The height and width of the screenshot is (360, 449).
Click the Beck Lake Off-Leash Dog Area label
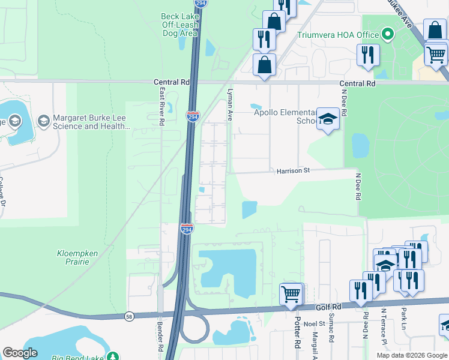click(179, 25)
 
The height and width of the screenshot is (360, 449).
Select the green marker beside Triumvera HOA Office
click(388, 34)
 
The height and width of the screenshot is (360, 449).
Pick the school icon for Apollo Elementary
click(328, 120)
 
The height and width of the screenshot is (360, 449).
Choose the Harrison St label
click(292, 171)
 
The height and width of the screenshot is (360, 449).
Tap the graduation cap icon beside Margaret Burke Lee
click(43, 121)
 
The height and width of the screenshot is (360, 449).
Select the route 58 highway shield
click(129, 316)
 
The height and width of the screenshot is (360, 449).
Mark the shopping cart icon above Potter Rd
click(291, 294)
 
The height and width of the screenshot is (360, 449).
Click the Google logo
click(20, 353)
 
